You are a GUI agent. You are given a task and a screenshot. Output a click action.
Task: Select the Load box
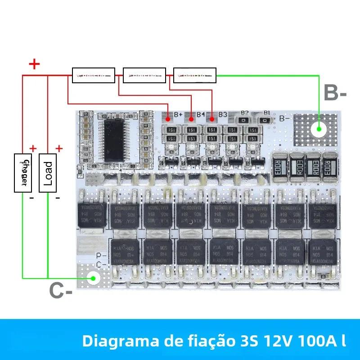coord(48,173)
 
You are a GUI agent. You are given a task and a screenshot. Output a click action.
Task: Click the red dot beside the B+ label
coord(168,119)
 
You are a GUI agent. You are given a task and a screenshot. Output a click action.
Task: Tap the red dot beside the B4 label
coord(191,119)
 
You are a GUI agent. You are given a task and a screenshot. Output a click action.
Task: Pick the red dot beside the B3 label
coord(211,119)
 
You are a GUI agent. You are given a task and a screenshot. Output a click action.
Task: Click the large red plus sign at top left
coord(34,64)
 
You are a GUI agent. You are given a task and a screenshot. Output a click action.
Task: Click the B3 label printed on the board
coord(222,114)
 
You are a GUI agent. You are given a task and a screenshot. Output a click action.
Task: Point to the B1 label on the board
coord(266,112)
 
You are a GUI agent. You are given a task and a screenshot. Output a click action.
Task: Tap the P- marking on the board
coord(102,255)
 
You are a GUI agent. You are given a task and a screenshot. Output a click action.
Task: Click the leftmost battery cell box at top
coord(94,75)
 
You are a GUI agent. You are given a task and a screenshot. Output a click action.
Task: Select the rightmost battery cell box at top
coord(194,75)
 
